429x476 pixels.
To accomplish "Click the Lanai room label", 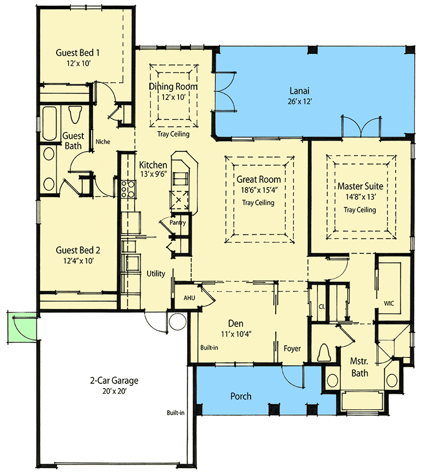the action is [300, 91].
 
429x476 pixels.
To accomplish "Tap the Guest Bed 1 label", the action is [77, 53].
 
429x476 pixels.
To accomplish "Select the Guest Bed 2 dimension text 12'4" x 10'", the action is [78, 261].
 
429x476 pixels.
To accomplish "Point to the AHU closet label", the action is [189, 298].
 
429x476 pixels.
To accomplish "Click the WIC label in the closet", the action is [389, 303].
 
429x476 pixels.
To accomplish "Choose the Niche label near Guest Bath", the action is [103, 142].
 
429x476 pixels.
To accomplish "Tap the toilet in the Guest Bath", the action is [75, 114].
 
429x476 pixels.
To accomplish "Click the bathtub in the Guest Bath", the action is [49, 123].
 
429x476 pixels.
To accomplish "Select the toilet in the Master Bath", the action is [324, 353].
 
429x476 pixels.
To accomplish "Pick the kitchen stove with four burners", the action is [128, 190].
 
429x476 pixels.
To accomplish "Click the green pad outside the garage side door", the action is [22, 327].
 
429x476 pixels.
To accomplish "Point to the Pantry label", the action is [178, 222].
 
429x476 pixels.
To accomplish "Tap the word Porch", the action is [241, 396].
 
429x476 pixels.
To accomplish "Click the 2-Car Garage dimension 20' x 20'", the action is [114, 391].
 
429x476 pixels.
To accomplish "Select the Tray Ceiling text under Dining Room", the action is [173, 134].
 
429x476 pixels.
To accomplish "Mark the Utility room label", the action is [156, 274].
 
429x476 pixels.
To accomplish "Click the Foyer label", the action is [292, 349].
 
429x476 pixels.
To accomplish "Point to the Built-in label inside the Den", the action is [209, 347].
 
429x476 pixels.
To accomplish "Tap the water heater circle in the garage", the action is [178, 322].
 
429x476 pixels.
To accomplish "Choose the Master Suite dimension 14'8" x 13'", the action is [360, 197].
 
